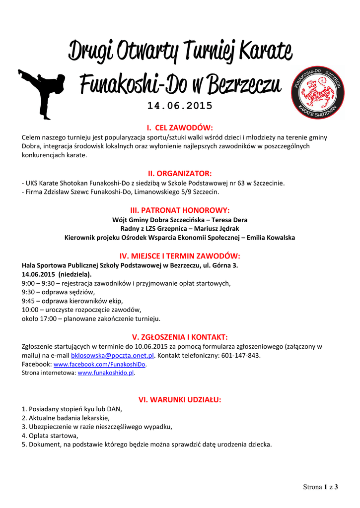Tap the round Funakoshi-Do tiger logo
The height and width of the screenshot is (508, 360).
(316, 93)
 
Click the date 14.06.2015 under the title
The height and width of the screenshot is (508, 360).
(180, 106)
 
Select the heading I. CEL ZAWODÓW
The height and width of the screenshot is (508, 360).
(180, 127)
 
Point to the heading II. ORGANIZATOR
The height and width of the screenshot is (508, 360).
(180, 173)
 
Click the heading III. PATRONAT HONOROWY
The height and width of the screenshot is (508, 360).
(180, 210)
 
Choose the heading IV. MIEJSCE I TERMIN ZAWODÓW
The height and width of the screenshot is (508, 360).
(180, 255)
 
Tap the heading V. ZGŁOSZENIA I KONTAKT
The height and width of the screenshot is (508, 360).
(180, 337)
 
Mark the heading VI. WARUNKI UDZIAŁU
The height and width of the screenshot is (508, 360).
(180, 399)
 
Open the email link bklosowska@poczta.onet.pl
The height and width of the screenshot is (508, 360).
(113, 356)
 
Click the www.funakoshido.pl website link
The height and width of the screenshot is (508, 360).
(106, 373)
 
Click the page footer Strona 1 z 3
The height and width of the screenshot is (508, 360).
(320, 487)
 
